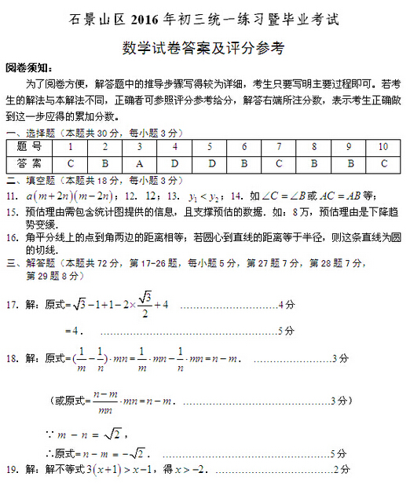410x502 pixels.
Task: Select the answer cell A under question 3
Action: click(x=139, y=163)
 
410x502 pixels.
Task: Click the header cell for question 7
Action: click(x=279, y=146)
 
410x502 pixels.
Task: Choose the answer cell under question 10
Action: click(x=383, y=163)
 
